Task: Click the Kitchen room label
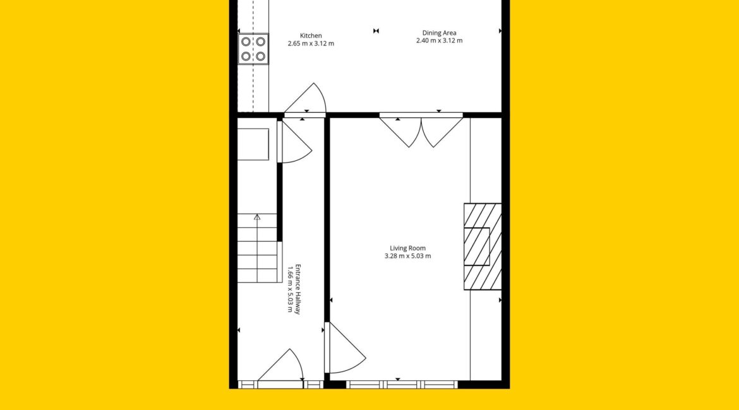point(311,36)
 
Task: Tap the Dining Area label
point(439,33)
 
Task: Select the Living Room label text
point(407,248)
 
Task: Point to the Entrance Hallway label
point(297,289)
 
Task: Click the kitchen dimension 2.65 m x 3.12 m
point(311,44)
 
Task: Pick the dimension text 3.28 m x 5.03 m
point(407,256)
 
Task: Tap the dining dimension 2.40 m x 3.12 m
point(439,40)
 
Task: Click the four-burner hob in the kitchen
point(253,49)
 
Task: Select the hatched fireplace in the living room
point(483,247)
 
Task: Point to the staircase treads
point(257,248)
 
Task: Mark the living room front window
point(402,385)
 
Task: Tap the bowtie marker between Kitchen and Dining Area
point(376,31)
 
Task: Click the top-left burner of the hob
point(246,42)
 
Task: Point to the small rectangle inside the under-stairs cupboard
point(253,144)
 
